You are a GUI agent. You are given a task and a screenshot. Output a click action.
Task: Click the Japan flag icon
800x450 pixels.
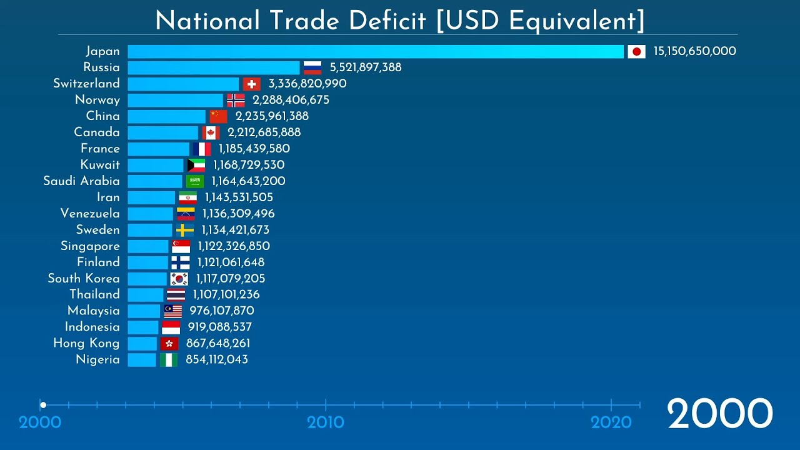click(x=636, y=51)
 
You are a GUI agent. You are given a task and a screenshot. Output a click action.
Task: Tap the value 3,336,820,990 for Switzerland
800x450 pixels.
click(x=307, y=84)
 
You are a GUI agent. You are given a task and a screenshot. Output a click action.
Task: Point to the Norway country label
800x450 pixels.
click(x=97, y=100)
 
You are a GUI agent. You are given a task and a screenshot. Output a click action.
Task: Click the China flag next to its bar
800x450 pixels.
click(x=218, y=116)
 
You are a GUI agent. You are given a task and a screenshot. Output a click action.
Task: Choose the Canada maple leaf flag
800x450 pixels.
click(x=211, y=132)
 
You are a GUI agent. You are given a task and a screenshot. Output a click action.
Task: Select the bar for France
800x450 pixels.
click(x=159, y=149)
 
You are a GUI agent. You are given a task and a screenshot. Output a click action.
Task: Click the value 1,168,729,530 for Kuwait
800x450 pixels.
click(x=249, y=165)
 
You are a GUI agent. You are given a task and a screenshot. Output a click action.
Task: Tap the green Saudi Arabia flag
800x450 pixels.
click(x=195, y=181)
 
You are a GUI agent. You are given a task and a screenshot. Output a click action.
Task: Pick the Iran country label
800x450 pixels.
click(x=108, y=197)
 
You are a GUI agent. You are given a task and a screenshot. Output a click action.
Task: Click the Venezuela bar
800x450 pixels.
click(x=151, y=214)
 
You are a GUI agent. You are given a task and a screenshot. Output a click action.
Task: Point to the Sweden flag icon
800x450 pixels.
click(x=185, y=230)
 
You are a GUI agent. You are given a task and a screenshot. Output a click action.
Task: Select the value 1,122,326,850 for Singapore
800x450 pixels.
click(x=234, y=246)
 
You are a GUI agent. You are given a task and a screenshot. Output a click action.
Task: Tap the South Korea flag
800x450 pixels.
click(x=179, y=279)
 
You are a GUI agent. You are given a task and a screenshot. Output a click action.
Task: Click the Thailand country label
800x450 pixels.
click(x=94, y=294)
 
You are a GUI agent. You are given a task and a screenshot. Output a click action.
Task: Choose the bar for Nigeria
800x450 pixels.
click(x=142, y=359)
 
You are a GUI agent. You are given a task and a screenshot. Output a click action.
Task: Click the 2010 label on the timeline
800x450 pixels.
click(x=326, y=422)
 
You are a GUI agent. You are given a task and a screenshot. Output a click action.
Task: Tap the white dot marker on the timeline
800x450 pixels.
click(x=43, y=405)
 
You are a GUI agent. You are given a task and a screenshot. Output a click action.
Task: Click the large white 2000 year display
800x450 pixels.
click(x=720, y=414)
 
